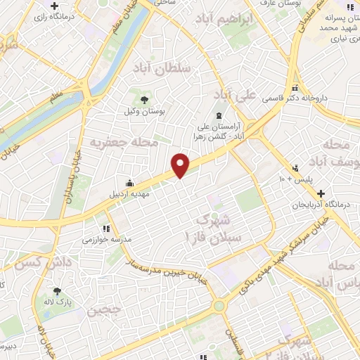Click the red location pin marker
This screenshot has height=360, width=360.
click(x=181, y=165)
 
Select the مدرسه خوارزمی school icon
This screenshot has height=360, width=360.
click(x=106, y=228)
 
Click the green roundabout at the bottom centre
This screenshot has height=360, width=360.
click(x=219, y=305)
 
